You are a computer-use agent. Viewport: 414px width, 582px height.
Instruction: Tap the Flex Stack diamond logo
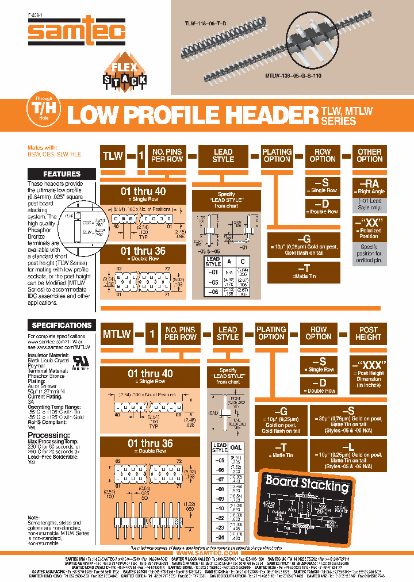[124, 72]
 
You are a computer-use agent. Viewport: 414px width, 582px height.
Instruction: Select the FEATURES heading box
[62, 174]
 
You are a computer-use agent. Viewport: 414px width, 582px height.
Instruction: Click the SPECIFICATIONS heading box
[62, 325]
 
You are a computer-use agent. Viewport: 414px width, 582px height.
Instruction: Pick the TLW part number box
[113, 155]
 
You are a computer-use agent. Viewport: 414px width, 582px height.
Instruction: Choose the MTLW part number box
[117, 334]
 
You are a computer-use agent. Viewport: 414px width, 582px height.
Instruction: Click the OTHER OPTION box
[369, 155]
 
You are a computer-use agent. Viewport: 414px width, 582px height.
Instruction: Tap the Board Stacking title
[306, 481]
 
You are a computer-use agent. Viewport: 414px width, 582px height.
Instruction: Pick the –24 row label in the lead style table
[220, 537]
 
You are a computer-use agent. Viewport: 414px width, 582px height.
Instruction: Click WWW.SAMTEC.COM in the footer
[206, 553]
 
